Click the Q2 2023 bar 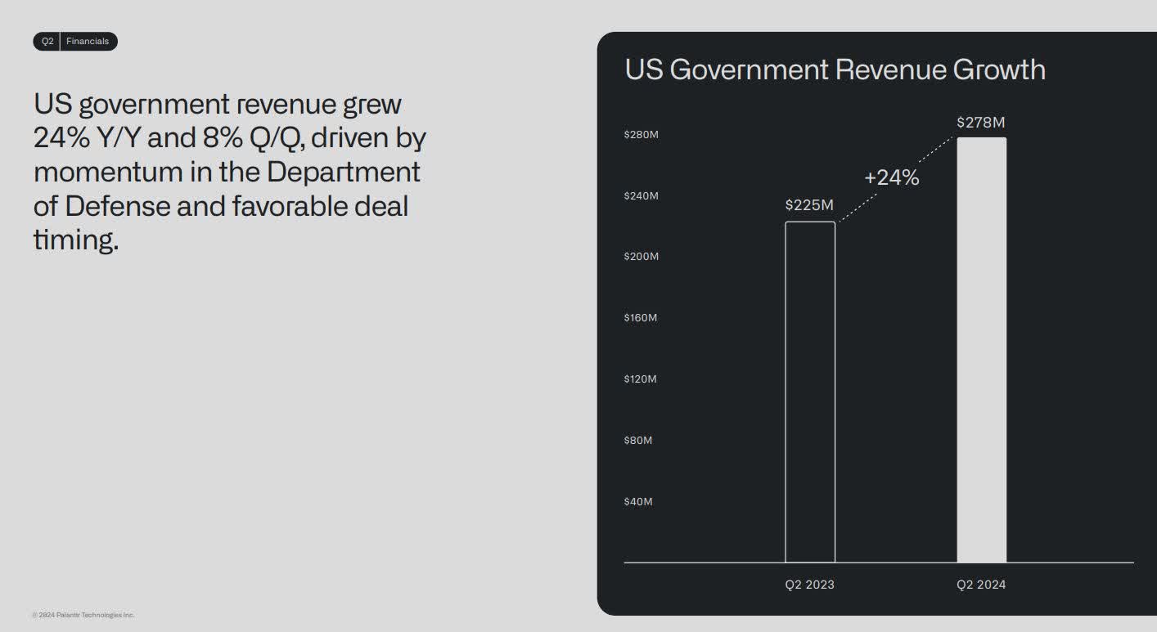pyautogui.click(x=810, y=392)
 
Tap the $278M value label pyautogui.click(x=980, y=123)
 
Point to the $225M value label pyautogui.click(x=809, y=204)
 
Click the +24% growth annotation pyautogui.click(x=891, y=177)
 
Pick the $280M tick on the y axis pyautogui.click(x=641, y=135)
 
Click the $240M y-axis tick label pyautogui.click(x=641, y=196)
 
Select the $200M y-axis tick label pyautogui.click(x=641, y=257)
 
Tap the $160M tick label pyautogui.click(x=641, y=317)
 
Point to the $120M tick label pyautogui.click(x=641, y=379)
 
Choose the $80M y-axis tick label pyautogui.click(x=638, y=441)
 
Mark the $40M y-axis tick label pyautogui.click(x=638, y=501)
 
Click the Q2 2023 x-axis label pyautogui.click(x=809, y=585)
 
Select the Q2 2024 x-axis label pyautogui.click(x=981, y=585)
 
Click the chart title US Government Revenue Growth pyautogui.click(x=835, y=69)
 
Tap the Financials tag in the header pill pyautogui.click(x=88, y=42)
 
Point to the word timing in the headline pyautogui.click(x=75, y=240)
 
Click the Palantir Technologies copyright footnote pyautogui.click(x=83, y=615)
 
